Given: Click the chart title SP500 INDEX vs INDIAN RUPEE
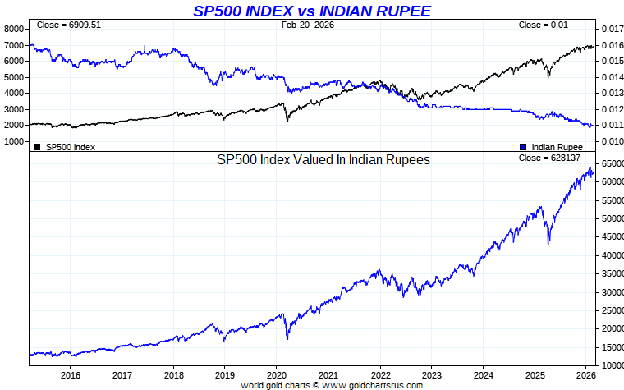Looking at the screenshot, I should tap(311, 11).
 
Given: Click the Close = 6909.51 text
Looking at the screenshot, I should tap(68, 25).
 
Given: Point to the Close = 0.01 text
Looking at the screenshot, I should tap(543, 25).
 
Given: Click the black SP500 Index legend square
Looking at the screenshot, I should tap(36, 147).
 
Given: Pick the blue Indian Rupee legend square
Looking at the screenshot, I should tap(523, 147).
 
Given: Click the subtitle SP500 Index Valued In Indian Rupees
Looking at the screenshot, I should tap(323, 160).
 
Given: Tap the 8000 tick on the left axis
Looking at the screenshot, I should tap(14, 29).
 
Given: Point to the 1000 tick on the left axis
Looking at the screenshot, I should tap(14, 141).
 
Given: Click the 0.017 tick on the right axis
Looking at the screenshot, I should tap(611, 29).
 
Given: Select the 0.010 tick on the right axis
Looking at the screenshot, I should tap(611, 141).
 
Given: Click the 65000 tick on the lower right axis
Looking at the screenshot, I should tap(612, 163).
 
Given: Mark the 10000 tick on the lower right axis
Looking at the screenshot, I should tap(612, 365).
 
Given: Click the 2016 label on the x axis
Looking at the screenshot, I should tap(70, 375).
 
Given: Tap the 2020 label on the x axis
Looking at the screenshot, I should tap(276, 375).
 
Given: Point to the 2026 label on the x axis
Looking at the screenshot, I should tap(586, 375).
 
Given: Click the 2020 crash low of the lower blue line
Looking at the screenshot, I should tap(287, 338).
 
